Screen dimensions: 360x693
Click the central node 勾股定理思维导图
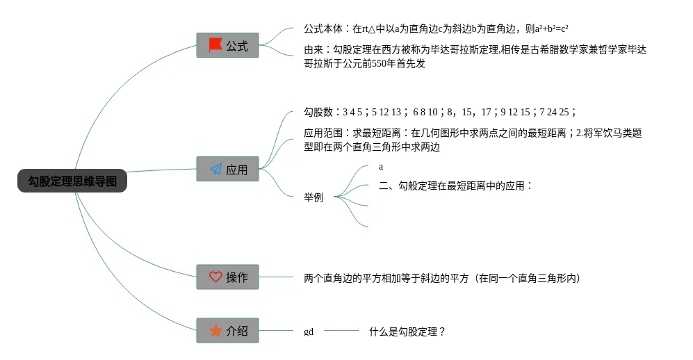[72, 181]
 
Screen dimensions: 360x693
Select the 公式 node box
[227, 45]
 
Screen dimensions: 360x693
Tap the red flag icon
[215, 45]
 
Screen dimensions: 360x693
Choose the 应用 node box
[227, 169]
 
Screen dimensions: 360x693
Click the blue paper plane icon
[215, 169]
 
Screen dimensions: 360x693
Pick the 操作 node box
[227, 277]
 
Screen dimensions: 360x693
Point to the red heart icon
[215, 277]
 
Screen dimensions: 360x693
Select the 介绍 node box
[227, 330]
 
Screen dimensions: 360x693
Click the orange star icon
[215, 330]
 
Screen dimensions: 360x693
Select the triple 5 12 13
[386, 112]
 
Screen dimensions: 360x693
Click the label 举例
[313, 197]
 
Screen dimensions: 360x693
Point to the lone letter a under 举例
[381, 167]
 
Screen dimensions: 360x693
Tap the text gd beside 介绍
[309, 332]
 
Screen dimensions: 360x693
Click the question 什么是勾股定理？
[407, 332]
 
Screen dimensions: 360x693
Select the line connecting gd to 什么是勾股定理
[341, 332]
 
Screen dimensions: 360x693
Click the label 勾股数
[318, 112]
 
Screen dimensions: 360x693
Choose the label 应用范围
[323, 133]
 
